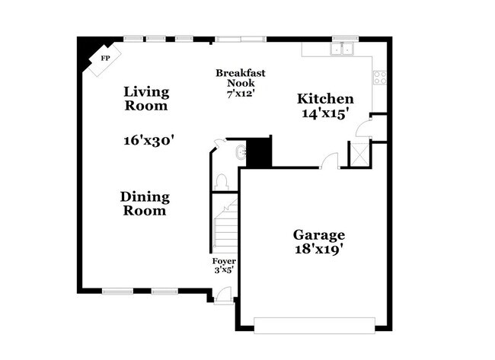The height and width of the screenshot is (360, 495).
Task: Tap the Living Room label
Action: pyautogui.click(x=146, y=99)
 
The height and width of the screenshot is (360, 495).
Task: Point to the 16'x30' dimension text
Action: pyautogui.click(x=150, y=140)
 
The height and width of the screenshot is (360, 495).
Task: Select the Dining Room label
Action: pyautogui.click(x=145, y=203)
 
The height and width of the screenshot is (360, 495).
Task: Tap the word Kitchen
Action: pyautogui.click(x=325, y=99)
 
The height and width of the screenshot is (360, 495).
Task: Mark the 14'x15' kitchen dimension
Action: pyautogui.click(x=325, y=113)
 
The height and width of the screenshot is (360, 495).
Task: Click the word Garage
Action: pyautogui.click(x=320, y=235)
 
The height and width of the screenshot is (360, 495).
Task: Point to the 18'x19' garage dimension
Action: pyautogui.click(x=320, y=249)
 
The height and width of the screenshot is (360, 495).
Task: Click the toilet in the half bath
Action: pyautogui.click(x=222, y=181)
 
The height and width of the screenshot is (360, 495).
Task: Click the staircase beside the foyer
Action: pyautogui.click(x=225, y=225)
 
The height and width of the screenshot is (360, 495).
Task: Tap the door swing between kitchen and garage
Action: pyautogui.click(x=330, y=161)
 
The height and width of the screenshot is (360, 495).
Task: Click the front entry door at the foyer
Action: pyautogui.click(x=223, y=294)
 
